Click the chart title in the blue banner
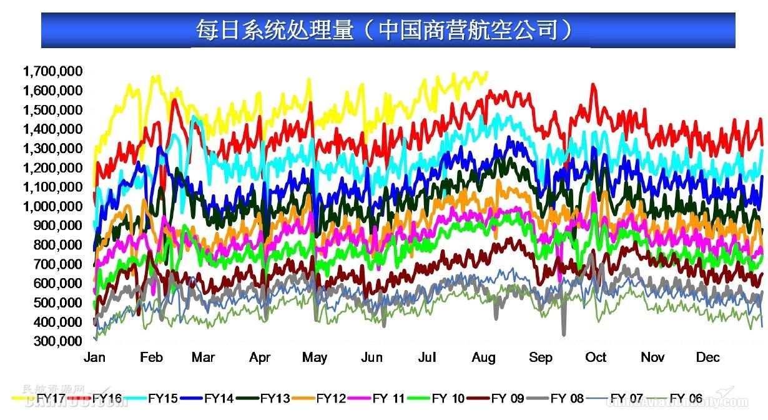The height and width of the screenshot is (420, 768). tap(385, 29)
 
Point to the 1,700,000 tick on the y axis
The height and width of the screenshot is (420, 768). tap(52, 71)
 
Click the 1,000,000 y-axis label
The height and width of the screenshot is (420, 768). tap(52, 206)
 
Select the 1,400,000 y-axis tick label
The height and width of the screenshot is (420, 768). tap(52, 129)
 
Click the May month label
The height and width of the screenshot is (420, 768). tap(314, 357)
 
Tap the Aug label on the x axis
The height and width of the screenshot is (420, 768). tap(484, 357)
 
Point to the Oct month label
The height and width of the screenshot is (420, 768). tap(596, 357)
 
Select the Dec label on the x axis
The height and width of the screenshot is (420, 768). tap(708, 357)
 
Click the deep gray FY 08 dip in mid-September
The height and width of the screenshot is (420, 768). tap(564, 333)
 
